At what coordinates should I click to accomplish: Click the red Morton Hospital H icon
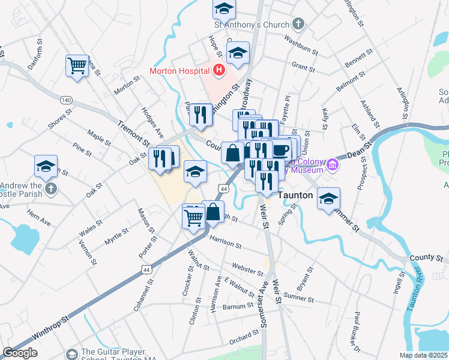tap(218, 70)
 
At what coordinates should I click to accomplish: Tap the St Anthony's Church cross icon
tap(298, 25)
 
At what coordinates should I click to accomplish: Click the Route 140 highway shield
tap(66, 99)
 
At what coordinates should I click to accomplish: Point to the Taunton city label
tap(295, 195)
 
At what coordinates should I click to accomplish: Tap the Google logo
tap(20, 353)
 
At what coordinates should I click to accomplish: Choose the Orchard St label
tap(243, 339)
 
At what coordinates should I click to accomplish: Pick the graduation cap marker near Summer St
tap(328, 199)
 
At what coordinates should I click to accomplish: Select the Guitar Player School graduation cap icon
tap(73, 355)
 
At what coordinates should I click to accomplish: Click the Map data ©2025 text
tap(424, 355)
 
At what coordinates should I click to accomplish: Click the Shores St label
tap(61, 119)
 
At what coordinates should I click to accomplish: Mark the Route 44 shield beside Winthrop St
tap(146, 270)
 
